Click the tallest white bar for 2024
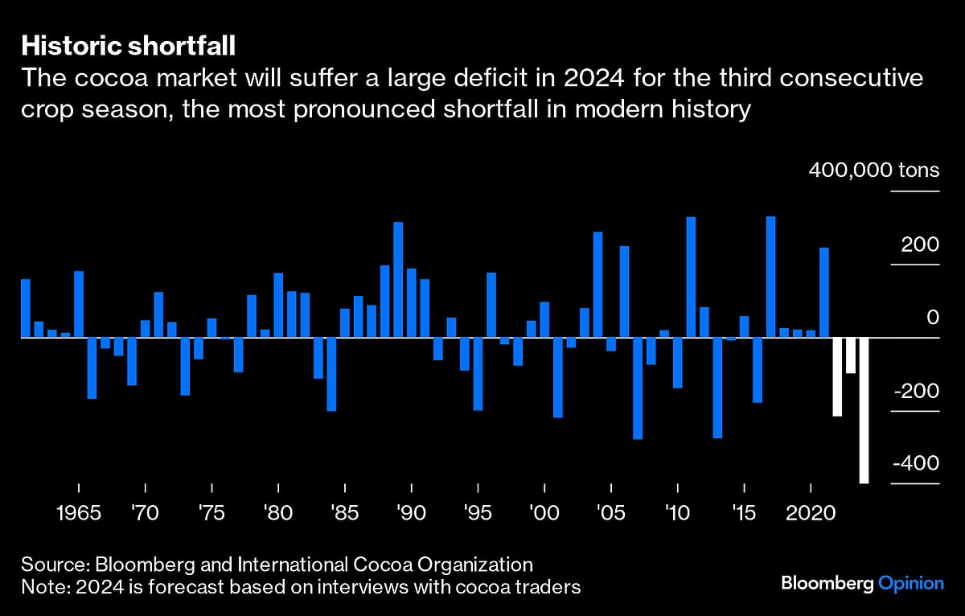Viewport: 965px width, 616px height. [x=864, y=410]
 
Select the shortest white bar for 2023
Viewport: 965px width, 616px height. [x=850, y=355]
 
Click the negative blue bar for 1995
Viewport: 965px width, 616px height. [x=478, y=374]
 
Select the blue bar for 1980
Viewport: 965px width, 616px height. [x=278, y=305]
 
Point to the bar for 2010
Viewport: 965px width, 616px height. [x=678, y=363]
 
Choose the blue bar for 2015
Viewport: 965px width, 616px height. [x=745, y=326]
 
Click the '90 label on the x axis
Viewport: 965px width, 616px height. [x=411, y=512]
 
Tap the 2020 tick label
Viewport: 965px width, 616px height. [x=811, y=512]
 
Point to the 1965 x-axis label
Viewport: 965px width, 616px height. [x=79, y=512]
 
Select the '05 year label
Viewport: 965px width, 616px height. [x=611, y=512]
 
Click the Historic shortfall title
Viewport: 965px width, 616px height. [x=128, y=45]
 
